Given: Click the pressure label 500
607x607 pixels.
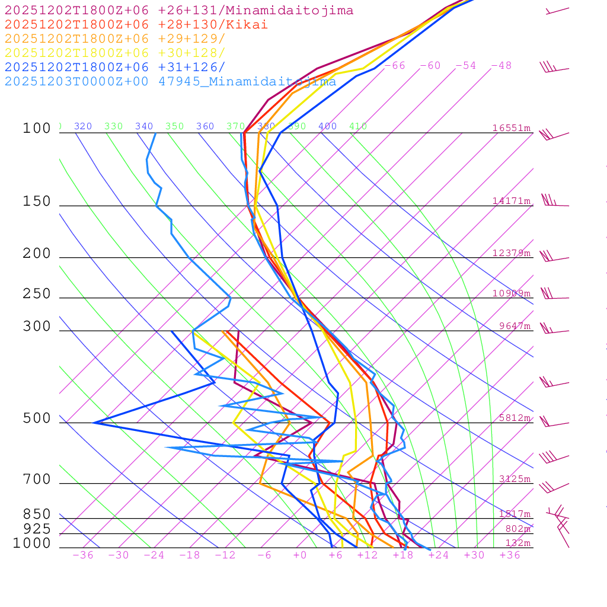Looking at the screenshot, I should click(x=37, y=418).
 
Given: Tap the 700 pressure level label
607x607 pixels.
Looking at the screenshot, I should click(x=37, y=480).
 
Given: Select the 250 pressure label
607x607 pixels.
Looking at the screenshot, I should click(x=37, y=294).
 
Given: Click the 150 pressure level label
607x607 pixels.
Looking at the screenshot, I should click(x=37, y=202).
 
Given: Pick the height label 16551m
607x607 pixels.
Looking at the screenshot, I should click(x=511, y=128).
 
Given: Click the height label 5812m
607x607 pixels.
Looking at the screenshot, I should click(x=514, y=418).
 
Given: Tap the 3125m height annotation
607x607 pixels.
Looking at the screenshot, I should click(x=514, y=479).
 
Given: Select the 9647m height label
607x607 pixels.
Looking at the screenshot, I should click(x=514, y=326).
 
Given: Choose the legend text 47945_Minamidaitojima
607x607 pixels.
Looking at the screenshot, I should click(x=247, y=82).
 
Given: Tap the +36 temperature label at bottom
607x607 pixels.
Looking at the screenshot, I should click(x=510, y=555).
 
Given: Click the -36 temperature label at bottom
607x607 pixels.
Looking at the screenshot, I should click(x=83, y=555).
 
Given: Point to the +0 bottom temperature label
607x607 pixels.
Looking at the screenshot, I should click(x=300, y=555).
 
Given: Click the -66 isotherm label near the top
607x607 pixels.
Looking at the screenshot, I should click(x=395, y=66).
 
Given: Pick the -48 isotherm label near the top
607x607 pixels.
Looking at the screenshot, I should click(x=501, y=66).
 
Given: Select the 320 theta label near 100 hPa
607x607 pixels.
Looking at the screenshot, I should click(x=83, y=126).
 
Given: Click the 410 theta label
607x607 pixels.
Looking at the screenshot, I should click(x=358, y=126).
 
